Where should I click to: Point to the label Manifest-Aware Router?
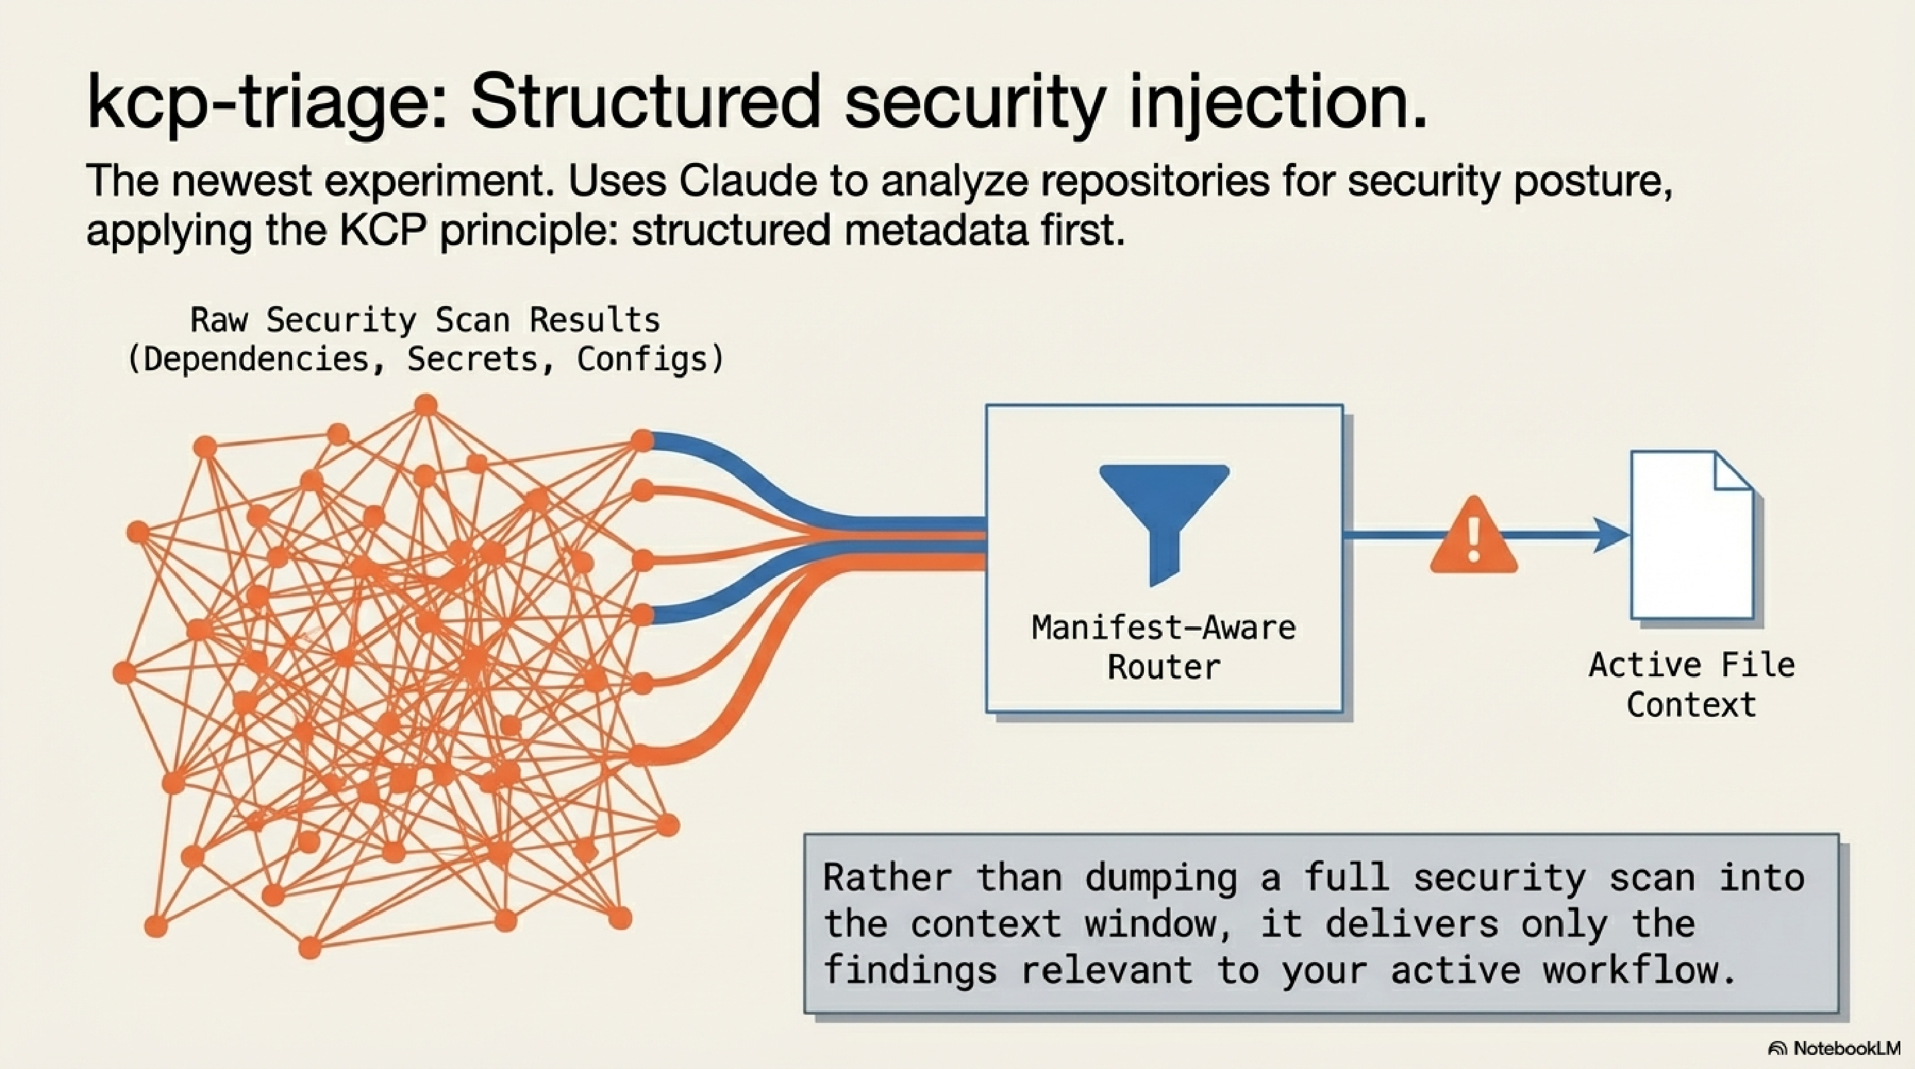click(1164, 647)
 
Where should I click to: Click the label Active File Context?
click(1691, 685)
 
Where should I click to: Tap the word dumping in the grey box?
click(1161, 879)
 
